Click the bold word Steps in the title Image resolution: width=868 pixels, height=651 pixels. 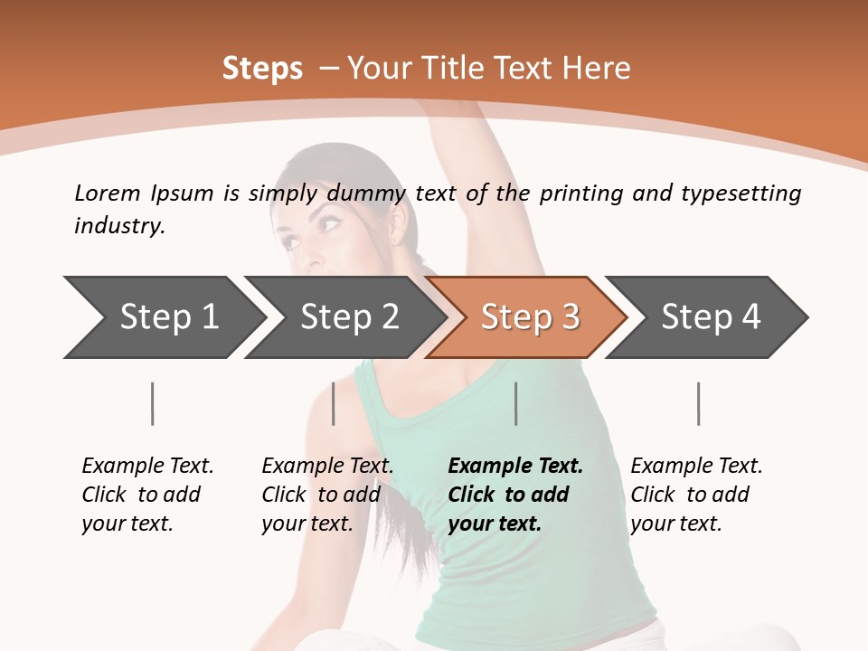tap(262, 69)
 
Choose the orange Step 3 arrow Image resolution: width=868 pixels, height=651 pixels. tap(530, 317)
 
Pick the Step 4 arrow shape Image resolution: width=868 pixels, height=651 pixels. tap(711, 317)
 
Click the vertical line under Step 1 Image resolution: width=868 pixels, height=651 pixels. tap(153, 403)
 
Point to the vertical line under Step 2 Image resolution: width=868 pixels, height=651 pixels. tap(334, 403)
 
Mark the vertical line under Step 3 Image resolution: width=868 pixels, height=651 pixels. tap(516, 403)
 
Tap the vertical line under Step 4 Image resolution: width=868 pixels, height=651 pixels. tap(698, 403)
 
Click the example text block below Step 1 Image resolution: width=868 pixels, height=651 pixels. tap(147, 495)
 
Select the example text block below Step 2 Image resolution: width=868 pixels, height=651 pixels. tap(327, 495)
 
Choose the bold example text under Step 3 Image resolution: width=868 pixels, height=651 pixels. tap(515, 495)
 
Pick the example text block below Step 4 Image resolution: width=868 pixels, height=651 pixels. tap(696, 495)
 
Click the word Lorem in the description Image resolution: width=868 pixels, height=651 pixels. tap(108, 193)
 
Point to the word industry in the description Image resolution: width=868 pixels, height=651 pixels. tap(119, 226)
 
